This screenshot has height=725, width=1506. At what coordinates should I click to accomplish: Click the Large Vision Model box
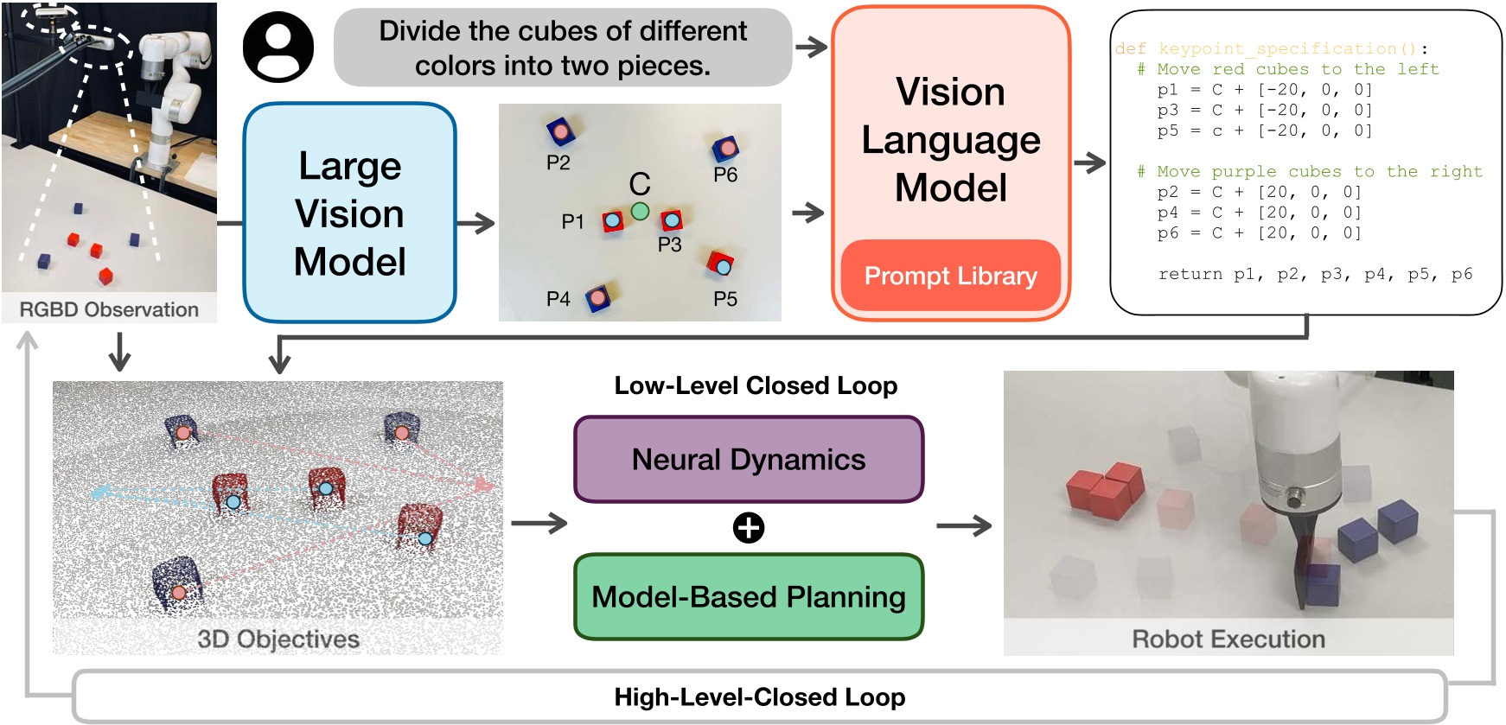point(349,213)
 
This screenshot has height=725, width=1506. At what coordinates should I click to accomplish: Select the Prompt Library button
point(950,276)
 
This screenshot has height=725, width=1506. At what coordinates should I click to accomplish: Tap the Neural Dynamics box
point(749,460)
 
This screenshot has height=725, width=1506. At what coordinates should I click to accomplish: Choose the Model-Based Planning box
point(749,597)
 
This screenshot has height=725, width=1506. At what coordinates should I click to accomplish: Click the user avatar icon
point(278,48)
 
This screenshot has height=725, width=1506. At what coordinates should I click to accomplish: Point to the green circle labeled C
point(640,210)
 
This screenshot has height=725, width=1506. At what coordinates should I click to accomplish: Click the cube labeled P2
point(561,131)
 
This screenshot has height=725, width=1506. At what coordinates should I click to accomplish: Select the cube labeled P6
point(725,149)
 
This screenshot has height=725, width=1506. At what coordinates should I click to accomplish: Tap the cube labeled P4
point(598,299)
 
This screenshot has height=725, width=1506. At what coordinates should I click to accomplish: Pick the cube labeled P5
point(721,264)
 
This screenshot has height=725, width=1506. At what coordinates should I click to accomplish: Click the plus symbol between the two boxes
point(749,528)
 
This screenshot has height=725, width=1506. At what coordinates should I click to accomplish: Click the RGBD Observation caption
point(109,309)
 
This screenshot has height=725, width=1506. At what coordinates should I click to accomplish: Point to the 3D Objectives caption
point(278,639)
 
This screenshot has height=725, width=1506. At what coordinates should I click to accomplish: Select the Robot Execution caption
point(1228,639)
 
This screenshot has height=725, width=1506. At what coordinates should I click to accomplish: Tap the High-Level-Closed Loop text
point(759,697)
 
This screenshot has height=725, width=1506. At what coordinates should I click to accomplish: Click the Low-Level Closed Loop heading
point(756,385)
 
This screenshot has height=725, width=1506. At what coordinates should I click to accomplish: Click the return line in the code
point(1315,274)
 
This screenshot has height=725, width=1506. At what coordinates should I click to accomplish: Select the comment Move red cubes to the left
point(1288,69)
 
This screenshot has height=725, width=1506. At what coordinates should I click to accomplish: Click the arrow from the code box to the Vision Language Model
point(1089,162)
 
